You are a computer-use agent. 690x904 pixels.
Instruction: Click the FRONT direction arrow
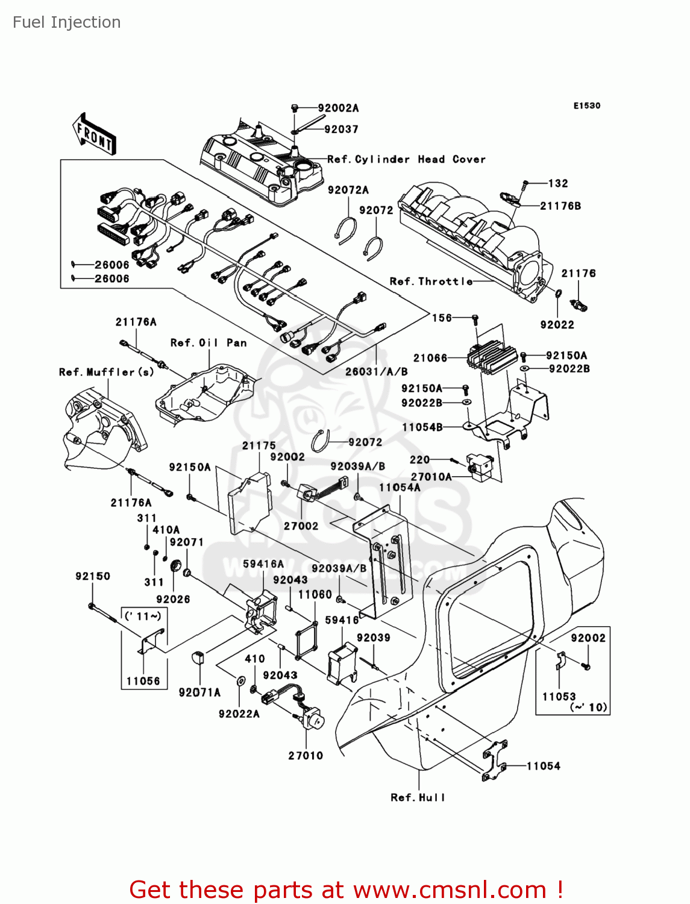(x=94, y=134)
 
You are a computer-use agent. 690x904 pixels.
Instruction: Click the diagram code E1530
(x=586, y=105)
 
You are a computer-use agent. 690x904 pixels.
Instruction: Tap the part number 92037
(x=341, y=129)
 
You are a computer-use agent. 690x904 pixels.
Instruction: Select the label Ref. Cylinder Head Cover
(x=406, y=159)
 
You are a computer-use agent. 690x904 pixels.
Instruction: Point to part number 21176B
(x=560, y=206)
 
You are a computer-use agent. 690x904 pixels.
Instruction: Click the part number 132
(x=558, y=183)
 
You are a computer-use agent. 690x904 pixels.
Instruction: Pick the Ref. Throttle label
(x=431, y=281)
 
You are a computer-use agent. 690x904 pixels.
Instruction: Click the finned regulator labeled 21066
(x=491, y=356)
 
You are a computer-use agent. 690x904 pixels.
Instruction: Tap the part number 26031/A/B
(x=376, y=372)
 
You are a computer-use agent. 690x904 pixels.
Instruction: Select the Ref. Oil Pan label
(x=209, y=342)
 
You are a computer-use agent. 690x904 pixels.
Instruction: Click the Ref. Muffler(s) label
(x=106, y=372)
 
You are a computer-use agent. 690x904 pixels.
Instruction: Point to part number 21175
(x=259, y=445)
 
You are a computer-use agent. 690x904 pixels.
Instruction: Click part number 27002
(x=301, y=526)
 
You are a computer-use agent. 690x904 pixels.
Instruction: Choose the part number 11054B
(x=422, y=427)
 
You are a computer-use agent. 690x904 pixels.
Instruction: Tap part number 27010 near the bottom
(x=306, y=755)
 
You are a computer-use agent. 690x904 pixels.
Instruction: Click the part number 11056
(x=143, y=681)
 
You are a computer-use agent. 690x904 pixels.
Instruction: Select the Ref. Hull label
(x=418, y=797)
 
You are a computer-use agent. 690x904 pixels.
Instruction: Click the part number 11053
(x=559, y=696)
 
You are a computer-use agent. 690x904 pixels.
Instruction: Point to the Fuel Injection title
(x=67, y=22)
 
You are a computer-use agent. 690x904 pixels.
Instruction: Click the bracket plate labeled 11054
(x=494, y=761)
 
